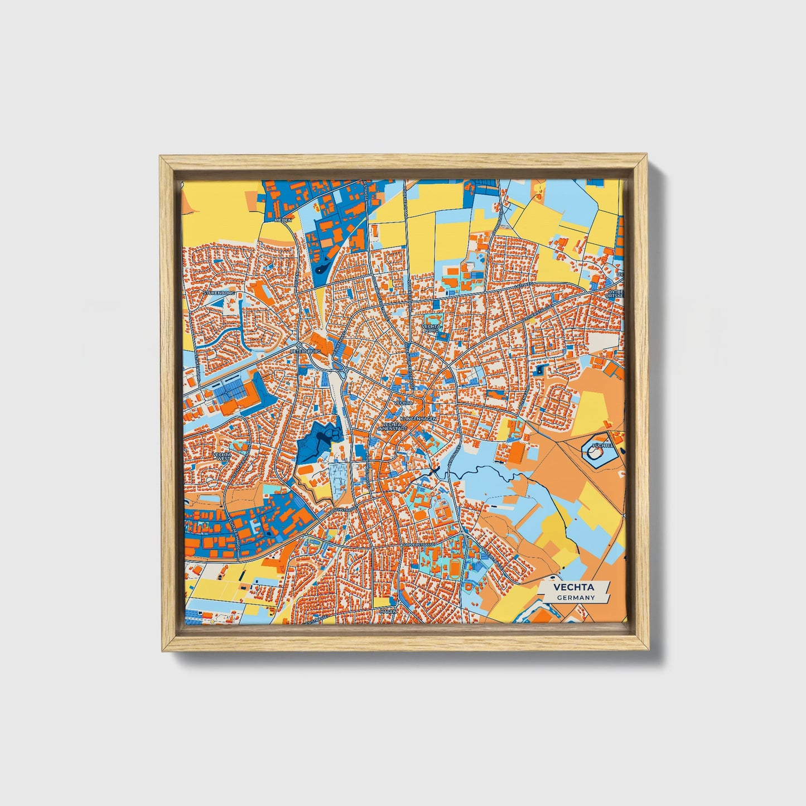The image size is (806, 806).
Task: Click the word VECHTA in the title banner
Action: (573, 587)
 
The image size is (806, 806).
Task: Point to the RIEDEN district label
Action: (283, 220)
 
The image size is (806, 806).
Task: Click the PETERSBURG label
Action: (306, 352)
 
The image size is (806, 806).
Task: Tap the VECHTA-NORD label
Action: (432, 328)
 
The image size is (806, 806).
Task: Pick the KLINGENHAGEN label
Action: (418, 418)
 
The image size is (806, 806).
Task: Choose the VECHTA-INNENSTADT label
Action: (395, 426)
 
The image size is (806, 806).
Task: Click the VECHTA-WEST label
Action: (222, 458)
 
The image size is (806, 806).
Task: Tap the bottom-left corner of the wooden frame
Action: (162, 650)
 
